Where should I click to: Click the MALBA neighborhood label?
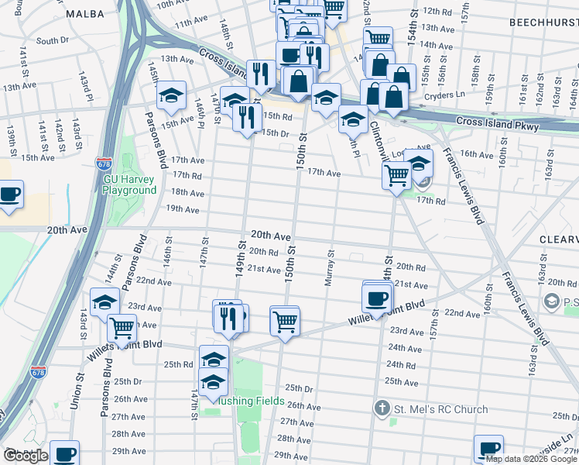(x=85, y=14)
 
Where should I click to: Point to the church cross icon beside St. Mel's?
(x=382, y=408)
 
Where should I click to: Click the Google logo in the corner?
(x=26, y=456)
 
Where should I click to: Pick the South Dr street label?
(x=52, y=40)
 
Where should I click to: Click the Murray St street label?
(x=329, y=267)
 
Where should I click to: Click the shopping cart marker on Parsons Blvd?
(x=122, y=327)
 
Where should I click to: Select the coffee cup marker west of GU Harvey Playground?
(x=9, y=195)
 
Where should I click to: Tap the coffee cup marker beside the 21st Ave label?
(x=377, y=298)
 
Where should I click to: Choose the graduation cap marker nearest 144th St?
(x=104, y=303)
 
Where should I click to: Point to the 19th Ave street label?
(x=183, y=209)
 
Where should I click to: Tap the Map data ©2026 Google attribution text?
(x=531, y=459)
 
